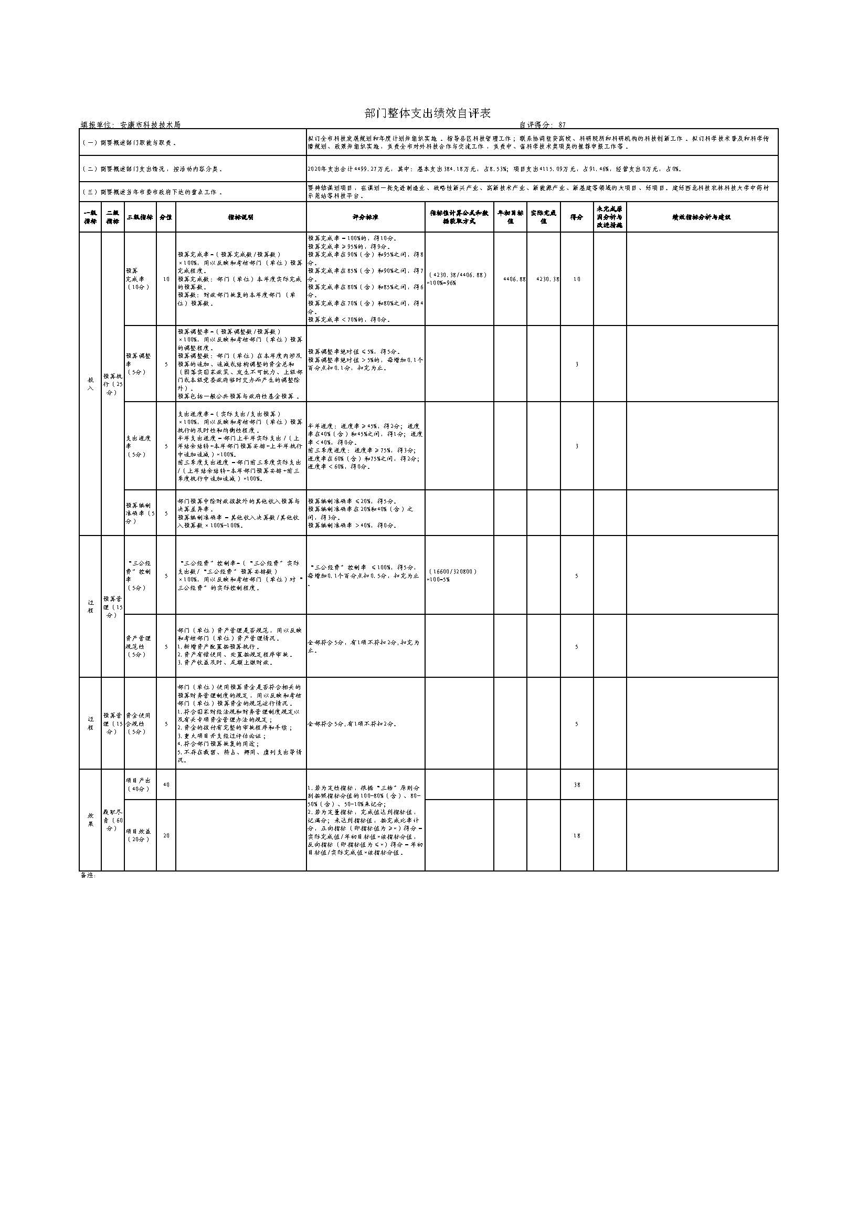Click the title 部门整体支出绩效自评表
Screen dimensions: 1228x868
[427, 113]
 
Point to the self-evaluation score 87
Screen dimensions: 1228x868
[562, 124]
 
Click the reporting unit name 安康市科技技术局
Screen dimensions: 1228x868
[150, 124]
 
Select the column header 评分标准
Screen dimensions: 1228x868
[366, 217]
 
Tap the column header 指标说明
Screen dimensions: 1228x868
[240, 217]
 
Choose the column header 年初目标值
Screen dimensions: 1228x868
[510, 217]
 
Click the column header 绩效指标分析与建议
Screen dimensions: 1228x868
[701, 217]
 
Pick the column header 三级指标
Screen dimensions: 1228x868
[140, 217]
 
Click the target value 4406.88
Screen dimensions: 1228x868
[515, 279]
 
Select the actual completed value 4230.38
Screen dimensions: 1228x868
[548, 279]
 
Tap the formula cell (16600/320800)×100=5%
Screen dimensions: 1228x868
[452, 575]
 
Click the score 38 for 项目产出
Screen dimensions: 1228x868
[576, 785]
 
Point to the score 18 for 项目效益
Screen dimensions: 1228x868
[576, 836]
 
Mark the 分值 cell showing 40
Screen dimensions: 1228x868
[166, 784]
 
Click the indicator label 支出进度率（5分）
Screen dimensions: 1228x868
[138, 446]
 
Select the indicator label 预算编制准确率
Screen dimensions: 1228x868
[140, 513]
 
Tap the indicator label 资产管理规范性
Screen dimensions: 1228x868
[139, 646]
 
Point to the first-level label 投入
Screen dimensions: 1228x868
[90, 383]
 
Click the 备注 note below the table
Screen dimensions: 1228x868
[88, 876]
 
